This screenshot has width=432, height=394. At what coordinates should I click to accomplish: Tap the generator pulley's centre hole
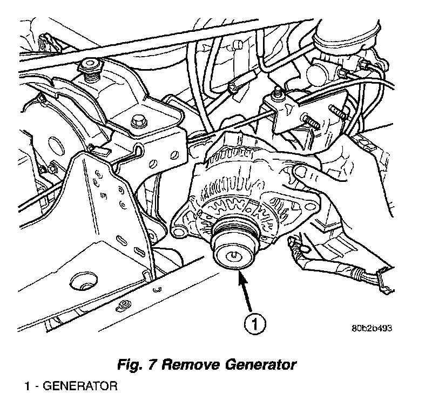[232, 256]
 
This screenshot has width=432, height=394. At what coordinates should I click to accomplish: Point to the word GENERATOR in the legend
[80, 386]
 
